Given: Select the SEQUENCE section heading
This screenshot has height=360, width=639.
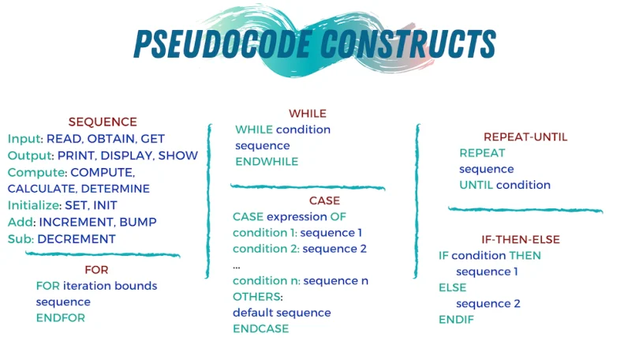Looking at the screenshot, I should (103, 122).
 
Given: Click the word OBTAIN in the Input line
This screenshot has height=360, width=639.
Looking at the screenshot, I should (111, 139).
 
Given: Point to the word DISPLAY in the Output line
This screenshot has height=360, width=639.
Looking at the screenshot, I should (127, 156).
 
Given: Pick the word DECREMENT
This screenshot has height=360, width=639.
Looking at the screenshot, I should (77, 238).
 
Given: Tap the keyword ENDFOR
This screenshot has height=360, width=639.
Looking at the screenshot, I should (60, 317).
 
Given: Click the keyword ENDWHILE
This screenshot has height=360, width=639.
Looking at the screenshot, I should (267, 161).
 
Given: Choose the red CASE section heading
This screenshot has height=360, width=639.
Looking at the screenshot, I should (324, 201).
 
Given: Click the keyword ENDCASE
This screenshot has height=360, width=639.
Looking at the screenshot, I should (260, 328).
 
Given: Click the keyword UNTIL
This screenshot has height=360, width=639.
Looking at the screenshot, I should (476, 185).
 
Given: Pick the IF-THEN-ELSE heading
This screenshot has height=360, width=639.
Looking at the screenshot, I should (521, 239).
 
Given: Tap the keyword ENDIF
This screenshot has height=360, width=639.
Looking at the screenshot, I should (456, 320).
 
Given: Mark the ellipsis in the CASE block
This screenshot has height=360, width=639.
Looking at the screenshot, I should (237, 265).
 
